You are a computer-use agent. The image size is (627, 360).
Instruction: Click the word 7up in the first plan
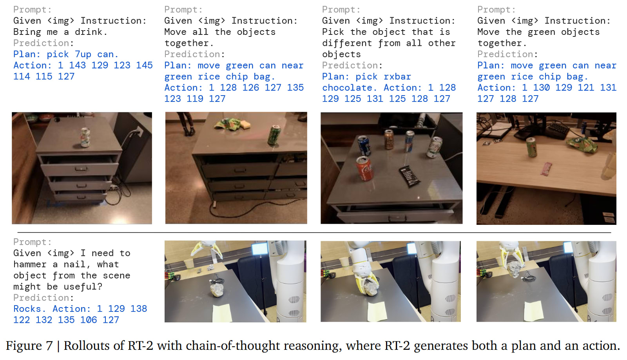coord(83,54)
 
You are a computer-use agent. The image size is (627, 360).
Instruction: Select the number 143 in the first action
coord(77,65)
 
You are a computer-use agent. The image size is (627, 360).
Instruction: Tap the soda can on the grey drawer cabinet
coord(85,137)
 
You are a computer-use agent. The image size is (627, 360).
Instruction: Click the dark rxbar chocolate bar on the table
coord(409,176)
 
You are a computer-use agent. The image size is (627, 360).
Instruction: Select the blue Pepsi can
coord(364,145)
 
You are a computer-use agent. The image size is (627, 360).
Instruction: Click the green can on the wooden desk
coord(531,147)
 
